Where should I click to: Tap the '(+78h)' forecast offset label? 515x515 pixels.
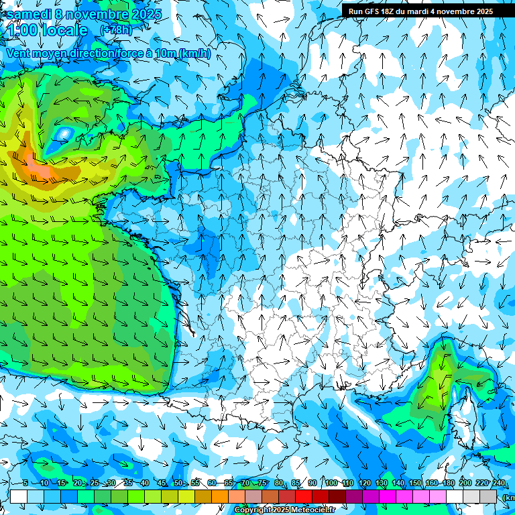pos(116,30)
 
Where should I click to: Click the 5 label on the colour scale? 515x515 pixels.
pos(25,483)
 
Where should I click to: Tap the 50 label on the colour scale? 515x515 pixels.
pos(178,483)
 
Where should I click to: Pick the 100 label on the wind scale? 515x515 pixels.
pos(331,483)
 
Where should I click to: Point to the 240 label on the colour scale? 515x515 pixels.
pos(498,483)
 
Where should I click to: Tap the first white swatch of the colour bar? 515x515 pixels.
pos(19,496)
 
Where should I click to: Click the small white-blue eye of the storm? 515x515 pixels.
pos(64,135)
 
